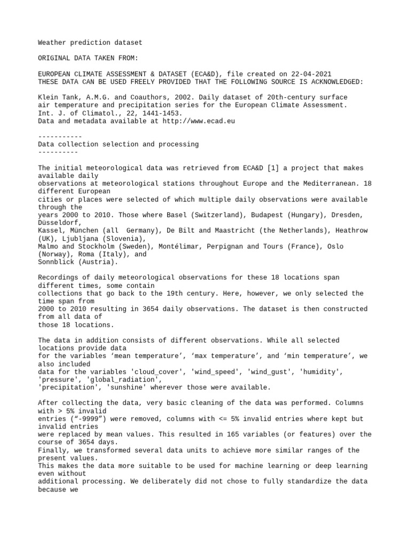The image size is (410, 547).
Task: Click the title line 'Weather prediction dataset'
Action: pyautogui.click(x=90, y=42)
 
